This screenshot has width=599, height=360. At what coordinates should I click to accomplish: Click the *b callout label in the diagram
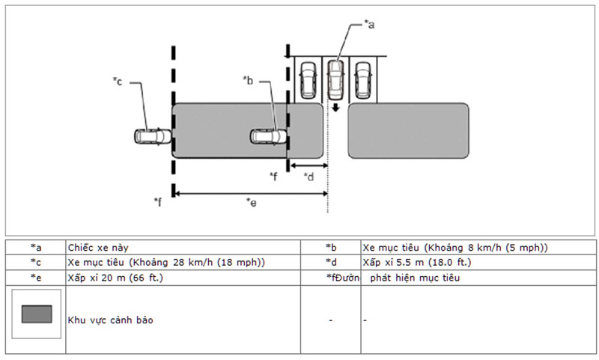tap(249, 79)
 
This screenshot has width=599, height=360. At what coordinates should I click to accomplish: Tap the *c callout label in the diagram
tap(118, 80)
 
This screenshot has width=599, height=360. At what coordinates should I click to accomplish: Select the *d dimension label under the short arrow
tap(308, 177)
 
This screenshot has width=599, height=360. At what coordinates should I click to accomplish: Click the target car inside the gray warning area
tap(268, 136)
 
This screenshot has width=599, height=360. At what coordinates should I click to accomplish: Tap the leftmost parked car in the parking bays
tap(308, 79)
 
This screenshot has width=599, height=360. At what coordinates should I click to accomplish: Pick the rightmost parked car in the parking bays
tap(362, 79)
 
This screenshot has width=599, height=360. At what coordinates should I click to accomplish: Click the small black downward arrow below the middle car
tap(336, 107)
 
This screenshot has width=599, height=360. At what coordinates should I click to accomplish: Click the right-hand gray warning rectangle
tap(408, 130)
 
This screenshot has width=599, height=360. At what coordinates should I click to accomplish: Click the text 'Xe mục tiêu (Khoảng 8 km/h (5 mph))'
tap(455, 247)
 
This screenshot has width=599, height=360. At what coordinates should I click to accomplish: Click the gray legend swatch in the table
tap(37, 314)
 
